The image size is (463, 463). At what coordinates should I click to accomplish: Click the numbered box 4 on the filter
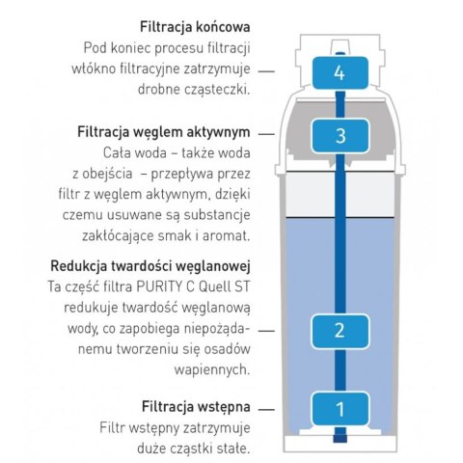click(x=337, y=72)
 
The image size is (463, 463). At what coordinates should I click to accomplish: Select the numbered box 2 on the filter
click(x=339, y=330)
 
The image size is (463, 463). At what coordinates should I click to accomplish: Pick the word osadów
click(x=229, y=348)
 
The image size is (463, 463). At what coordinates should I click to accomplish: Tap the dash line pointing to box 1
click(x=267, y=406)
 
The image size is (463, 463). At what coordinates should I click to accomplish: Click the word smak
click(x=186, y=235)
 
